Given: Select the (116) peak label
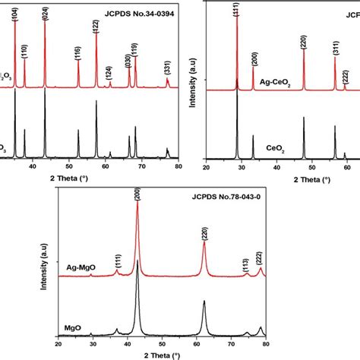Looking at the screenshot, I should pos(78,52).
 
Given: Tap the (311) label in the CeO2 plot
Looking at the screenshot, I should pos(335,49).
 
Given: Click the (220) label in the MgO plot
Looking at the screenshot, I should pos(204,235).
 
